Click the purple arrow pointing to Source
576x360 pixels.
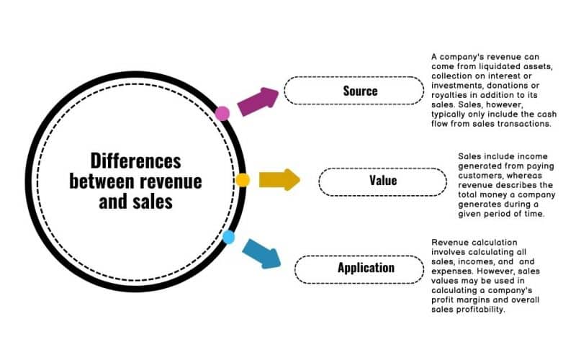coord(258,103)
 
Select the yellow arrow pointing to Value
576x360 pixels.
coord(279,179)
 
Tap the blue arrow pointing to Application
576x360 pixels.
coord(261,252)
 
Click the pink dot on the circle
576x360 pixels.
coord(222,112)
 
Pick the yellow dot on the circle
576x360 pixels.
coord(243,180)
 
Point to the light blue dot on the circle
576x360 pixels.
coord(228,237)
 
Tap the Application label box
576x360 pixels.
coord(366,268)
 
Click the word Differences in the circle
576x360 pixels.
coord(136,160)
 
